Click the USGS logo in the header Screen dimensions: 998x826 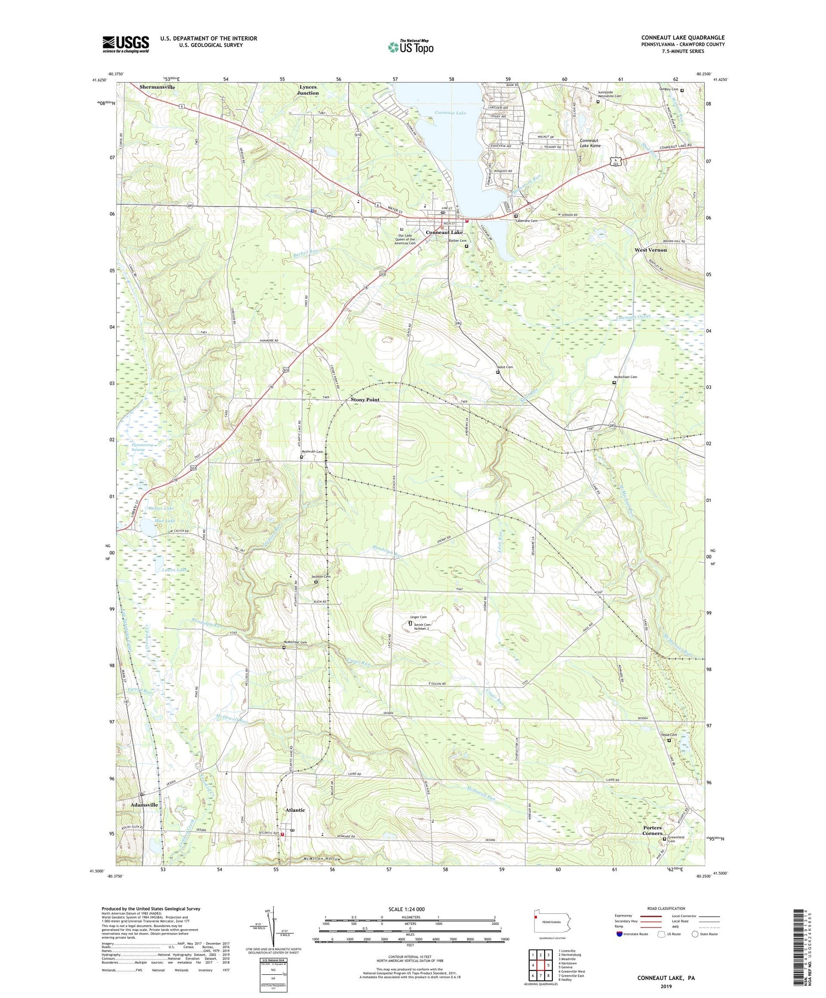(x=126, y=44)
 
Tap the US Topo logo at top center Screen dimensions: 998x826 (x=410, y=47)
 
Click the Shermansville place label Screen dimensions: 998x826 (x=157, y=88)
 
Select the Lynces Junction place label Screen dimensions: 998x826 (x=308, y=90)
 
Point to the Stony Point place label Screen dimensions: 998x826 (x=365, y=400)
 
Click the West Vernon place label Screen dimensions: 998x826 (x=650, y=250)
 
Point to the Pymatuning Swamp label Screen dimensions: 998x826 (x=131, y=446)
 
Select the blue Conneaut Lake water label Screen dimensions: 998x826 (x=450, y=113)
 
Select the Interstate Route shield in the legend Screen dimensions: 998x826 (x=619, y=934)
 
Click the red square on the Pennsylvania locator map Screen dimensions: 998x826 (x=535, y=917)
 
